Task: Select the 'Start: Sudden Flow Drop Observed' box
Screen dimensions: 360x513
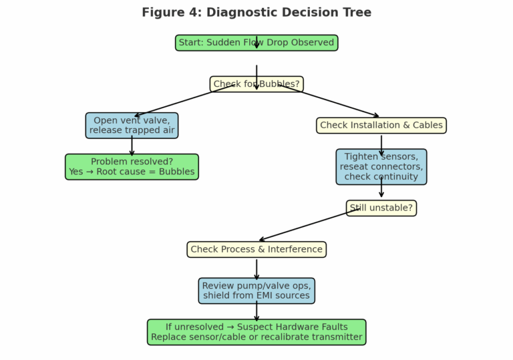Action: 256,43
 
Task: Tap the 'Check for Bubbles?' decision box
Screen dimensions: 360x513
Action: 256,84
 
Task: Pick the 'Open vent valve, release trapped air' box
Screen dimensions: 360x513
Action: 132,126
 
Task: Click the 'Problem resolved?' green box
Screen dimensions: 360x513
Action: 132,167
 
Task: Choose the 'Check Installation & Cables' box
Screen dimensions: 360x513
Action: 381,126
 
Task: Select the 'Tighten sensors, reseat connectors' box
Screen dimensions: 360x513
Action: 381,167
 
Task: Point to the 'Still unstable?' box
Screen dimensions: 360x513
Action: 381,208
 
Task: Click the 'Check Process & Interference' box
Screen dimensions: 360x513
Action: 256,250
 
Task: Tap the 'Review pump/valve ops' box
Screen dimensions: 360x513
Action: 256,291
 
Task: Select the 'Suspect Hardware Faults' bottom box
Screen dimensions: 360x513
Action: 256,332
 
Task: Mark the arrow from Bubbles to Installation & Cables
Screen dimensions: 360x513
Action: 337,103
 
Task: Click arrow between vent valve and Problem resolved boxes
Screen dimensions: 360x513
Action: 132,146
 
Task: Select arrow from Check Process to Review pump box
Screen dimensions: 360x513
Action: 256,269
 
